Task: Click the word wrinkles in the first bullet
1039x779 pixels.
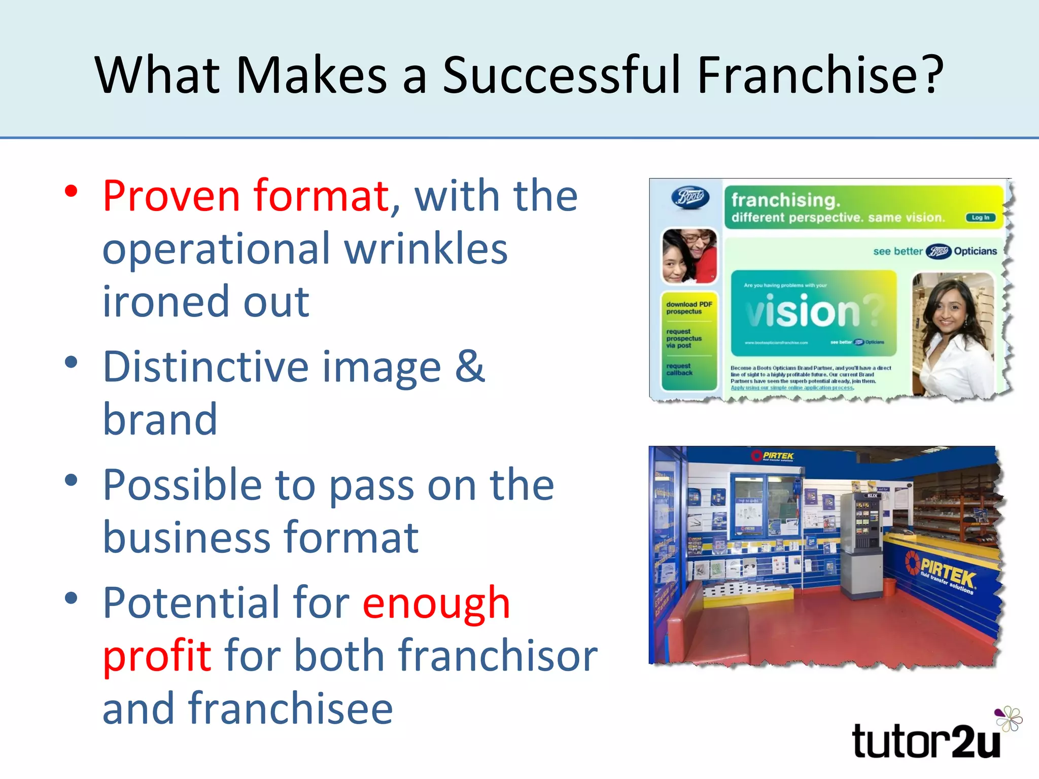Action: (x=426, y=249)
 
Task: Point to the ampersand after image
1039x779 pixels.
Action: (x=470, y=366)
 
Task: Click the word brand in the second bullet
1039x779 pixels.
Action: (x=160, y=419)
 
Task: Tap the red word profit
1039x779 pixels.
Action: (x=157, y=655)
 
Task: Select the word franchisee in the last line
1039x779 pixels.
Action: (x=291, y=709)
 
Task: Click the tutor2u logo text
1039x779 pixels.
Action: (x=926, y=742)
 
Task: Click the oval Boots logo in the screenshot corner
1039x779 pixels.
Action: (x=690, y=197)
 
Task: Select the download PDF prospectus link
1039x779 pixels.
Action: (x=689, y=308)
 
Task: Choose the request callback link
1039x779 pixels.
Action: (x=679, y=369)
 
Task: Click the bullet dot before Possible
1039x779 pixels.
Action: (x=72, y=480)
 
